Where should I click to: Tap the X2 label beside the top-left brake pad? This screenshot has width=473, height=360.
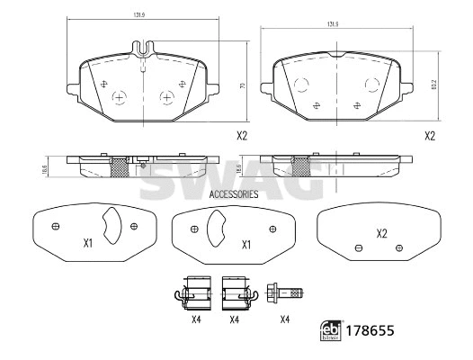coord(241,137)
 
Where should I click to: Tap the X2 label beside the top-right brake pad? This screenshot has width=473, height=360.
coord(429,137)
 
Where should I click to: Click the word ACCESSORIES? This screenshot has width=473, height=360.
coord(233,193)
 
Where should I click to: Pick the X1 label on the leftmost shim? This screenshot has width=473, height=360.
coord(88,243)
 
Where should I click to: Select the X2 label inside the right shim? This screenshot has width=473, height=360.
coord(381,234)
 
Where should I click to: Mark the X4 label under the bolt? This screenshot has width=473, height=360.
coord(285,319)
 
